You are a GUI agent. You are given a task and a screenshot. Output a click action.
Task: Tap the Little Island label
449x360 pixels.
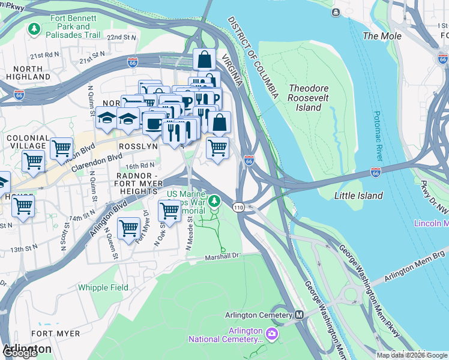point(358,196)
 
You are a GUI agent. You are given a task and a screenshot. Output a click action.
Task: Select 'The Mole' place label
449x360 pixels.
point(382,36)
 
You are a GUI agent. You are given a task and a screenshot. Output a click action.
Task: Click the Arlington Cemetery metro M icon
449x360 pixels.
point(299,315)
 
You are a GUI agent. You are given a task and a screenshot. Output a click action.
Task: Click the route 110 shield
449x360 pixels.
point(238,207)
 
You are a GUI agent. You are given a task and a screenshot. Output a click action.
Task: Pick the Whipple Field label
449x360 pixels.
point(103,287)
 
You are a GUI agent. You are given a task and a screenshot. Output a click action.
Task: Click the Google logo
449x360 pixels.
point(19,353)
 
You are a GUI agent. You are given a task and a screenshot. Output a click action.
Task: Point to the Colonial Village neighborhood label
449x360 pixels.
point(27,142)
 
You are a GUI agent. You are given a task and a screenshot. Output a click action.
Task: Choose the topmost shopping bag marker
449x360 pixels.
point(204,59)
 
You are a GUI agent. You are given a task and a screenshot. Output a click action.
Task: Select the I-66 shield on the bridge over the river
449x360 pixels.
point(376,172)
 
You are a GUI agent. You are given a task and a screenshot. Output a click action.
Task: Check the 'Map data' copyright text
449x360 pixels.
point(412,355)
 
